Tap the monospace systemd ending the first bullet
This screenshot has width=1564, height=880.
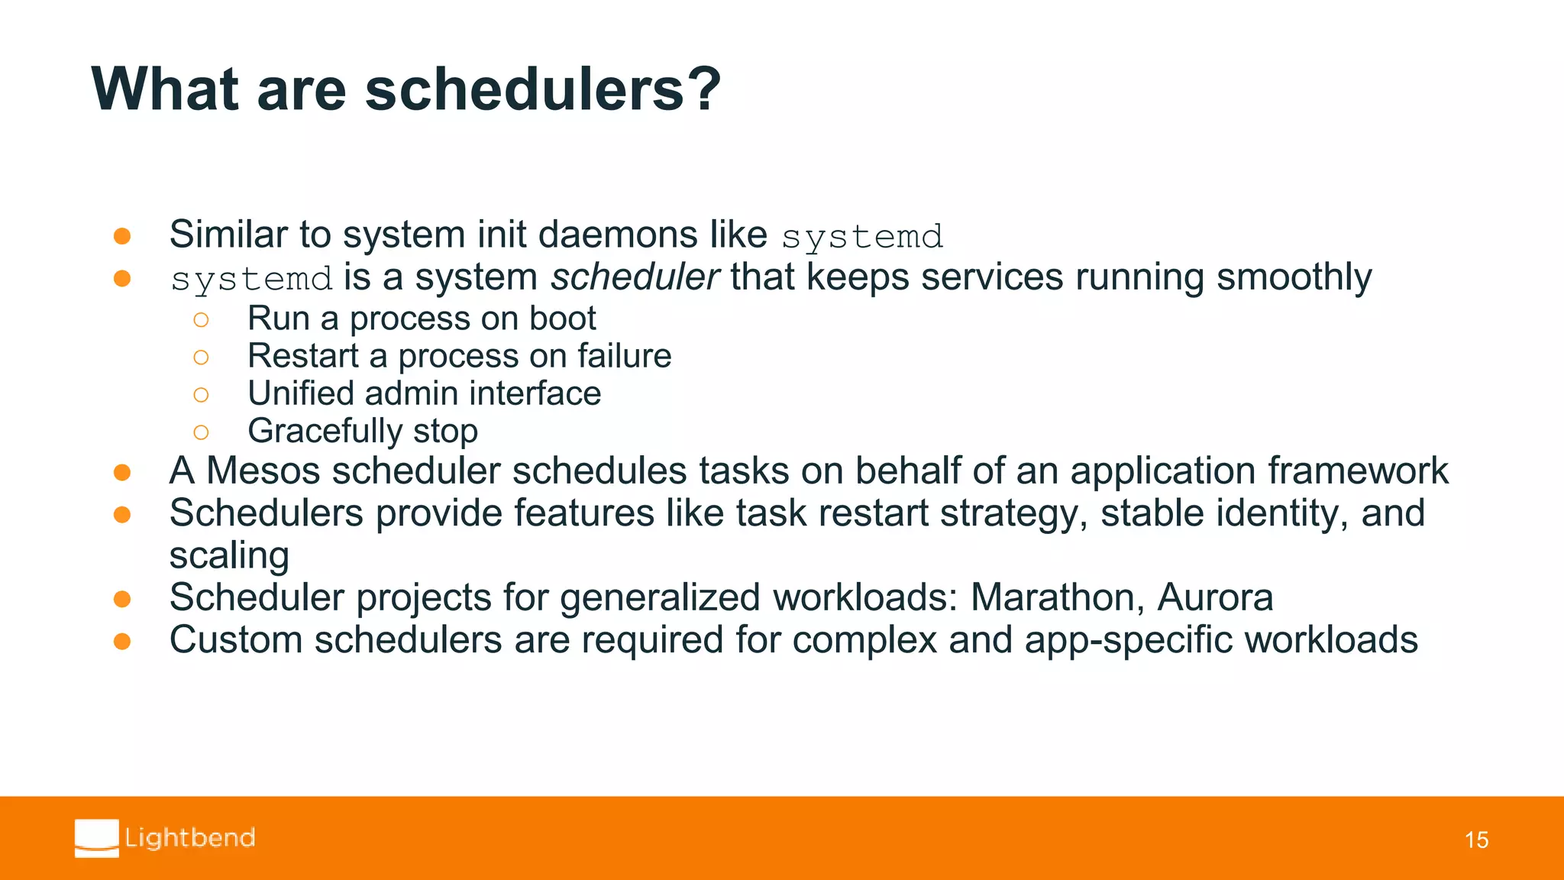coord(862,237)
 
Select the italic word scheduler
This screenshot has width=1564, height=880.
coord(635,277)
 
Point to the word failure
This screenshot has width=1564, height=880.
coord(624,356)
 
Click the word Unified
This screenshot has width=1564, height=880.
coord(301,393)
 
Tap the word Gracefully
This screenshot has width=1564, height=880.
coord(325,432)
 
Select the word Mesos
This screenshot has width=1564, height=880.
coord(263,471)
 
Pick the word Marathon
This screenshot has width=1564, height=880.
coord(1057,597)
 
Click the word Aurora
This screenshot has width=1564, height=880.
coord(1215,597)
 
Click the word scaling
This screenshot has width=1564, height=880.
coord(229,555)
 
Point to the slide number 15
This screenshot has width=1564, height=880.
coord(1476,840)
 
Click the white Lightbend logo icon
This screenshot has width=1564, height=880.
coord(97,838)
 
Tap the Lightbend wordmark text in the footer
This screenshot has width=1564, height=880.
coord(190,838)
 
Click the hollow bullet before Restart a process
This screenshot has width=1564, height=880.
coord(201,357)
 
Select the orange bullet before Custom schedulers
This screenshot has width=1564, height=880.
coord(122,641)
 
